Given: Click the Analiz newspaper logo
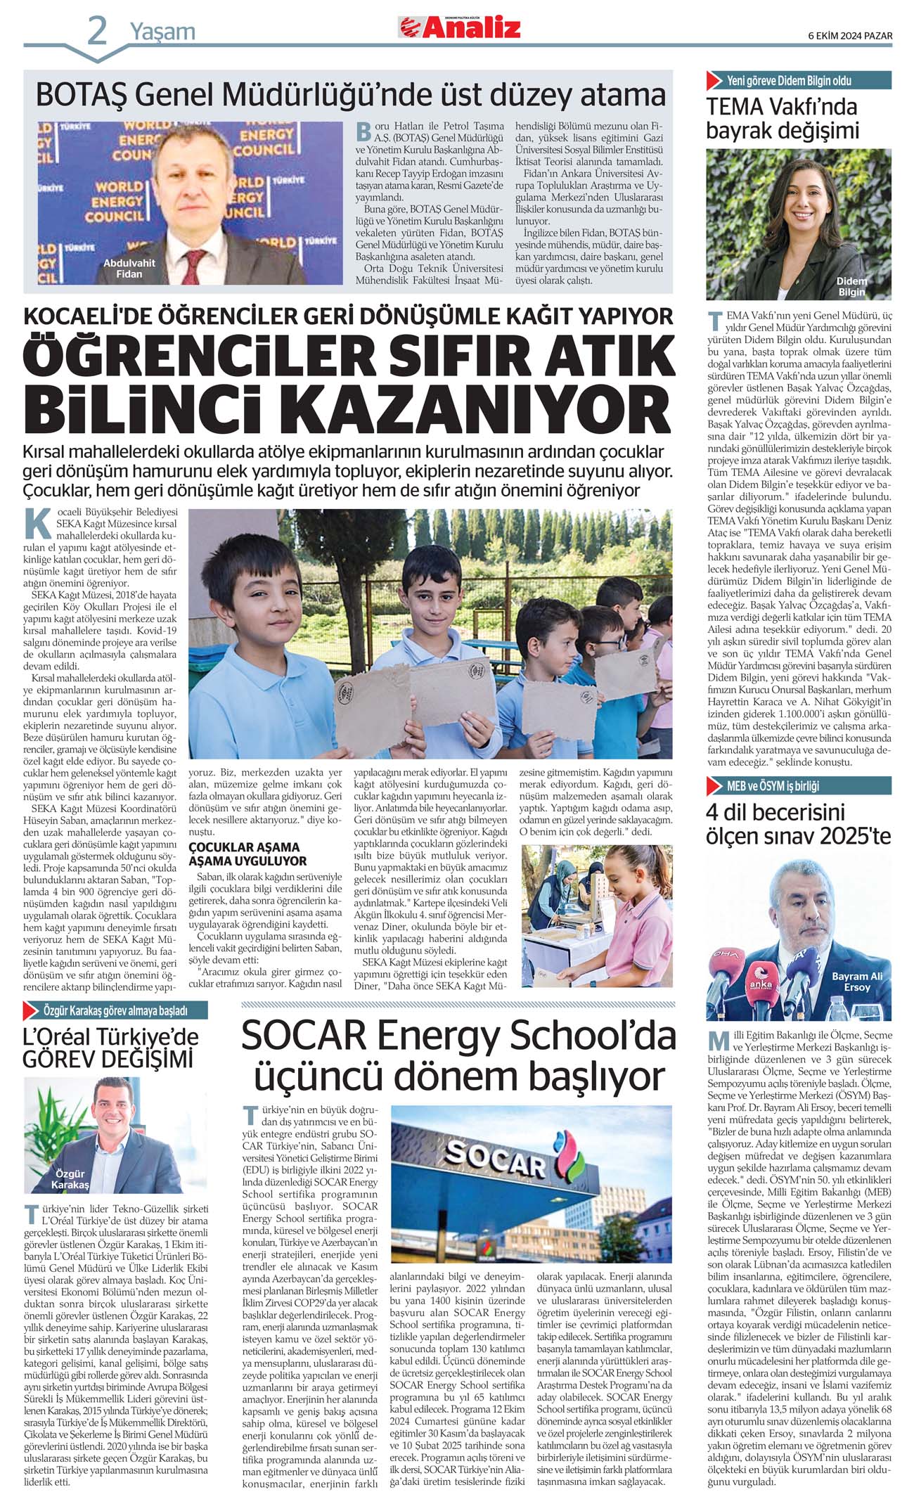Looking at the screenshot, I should click(x=461, y=28).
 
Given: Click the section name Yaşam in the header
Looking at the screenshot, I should click(x=162, y=32).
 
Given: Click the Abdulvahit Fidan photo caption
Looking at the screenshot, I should click(x=129, y=269).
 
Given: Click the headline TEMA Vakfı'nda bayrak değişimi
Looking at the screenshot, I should click(x=783, y=119).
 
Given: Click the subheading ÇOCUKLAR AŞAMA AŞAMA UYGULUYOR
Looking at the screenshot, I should click(x=247, y=854).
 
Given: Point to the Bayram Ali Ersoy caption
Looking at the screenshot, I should click(x=856, y=982).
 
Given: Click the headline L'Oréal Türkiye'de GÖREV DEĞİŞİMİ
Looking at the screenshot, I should click(x=110, y=1048).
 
